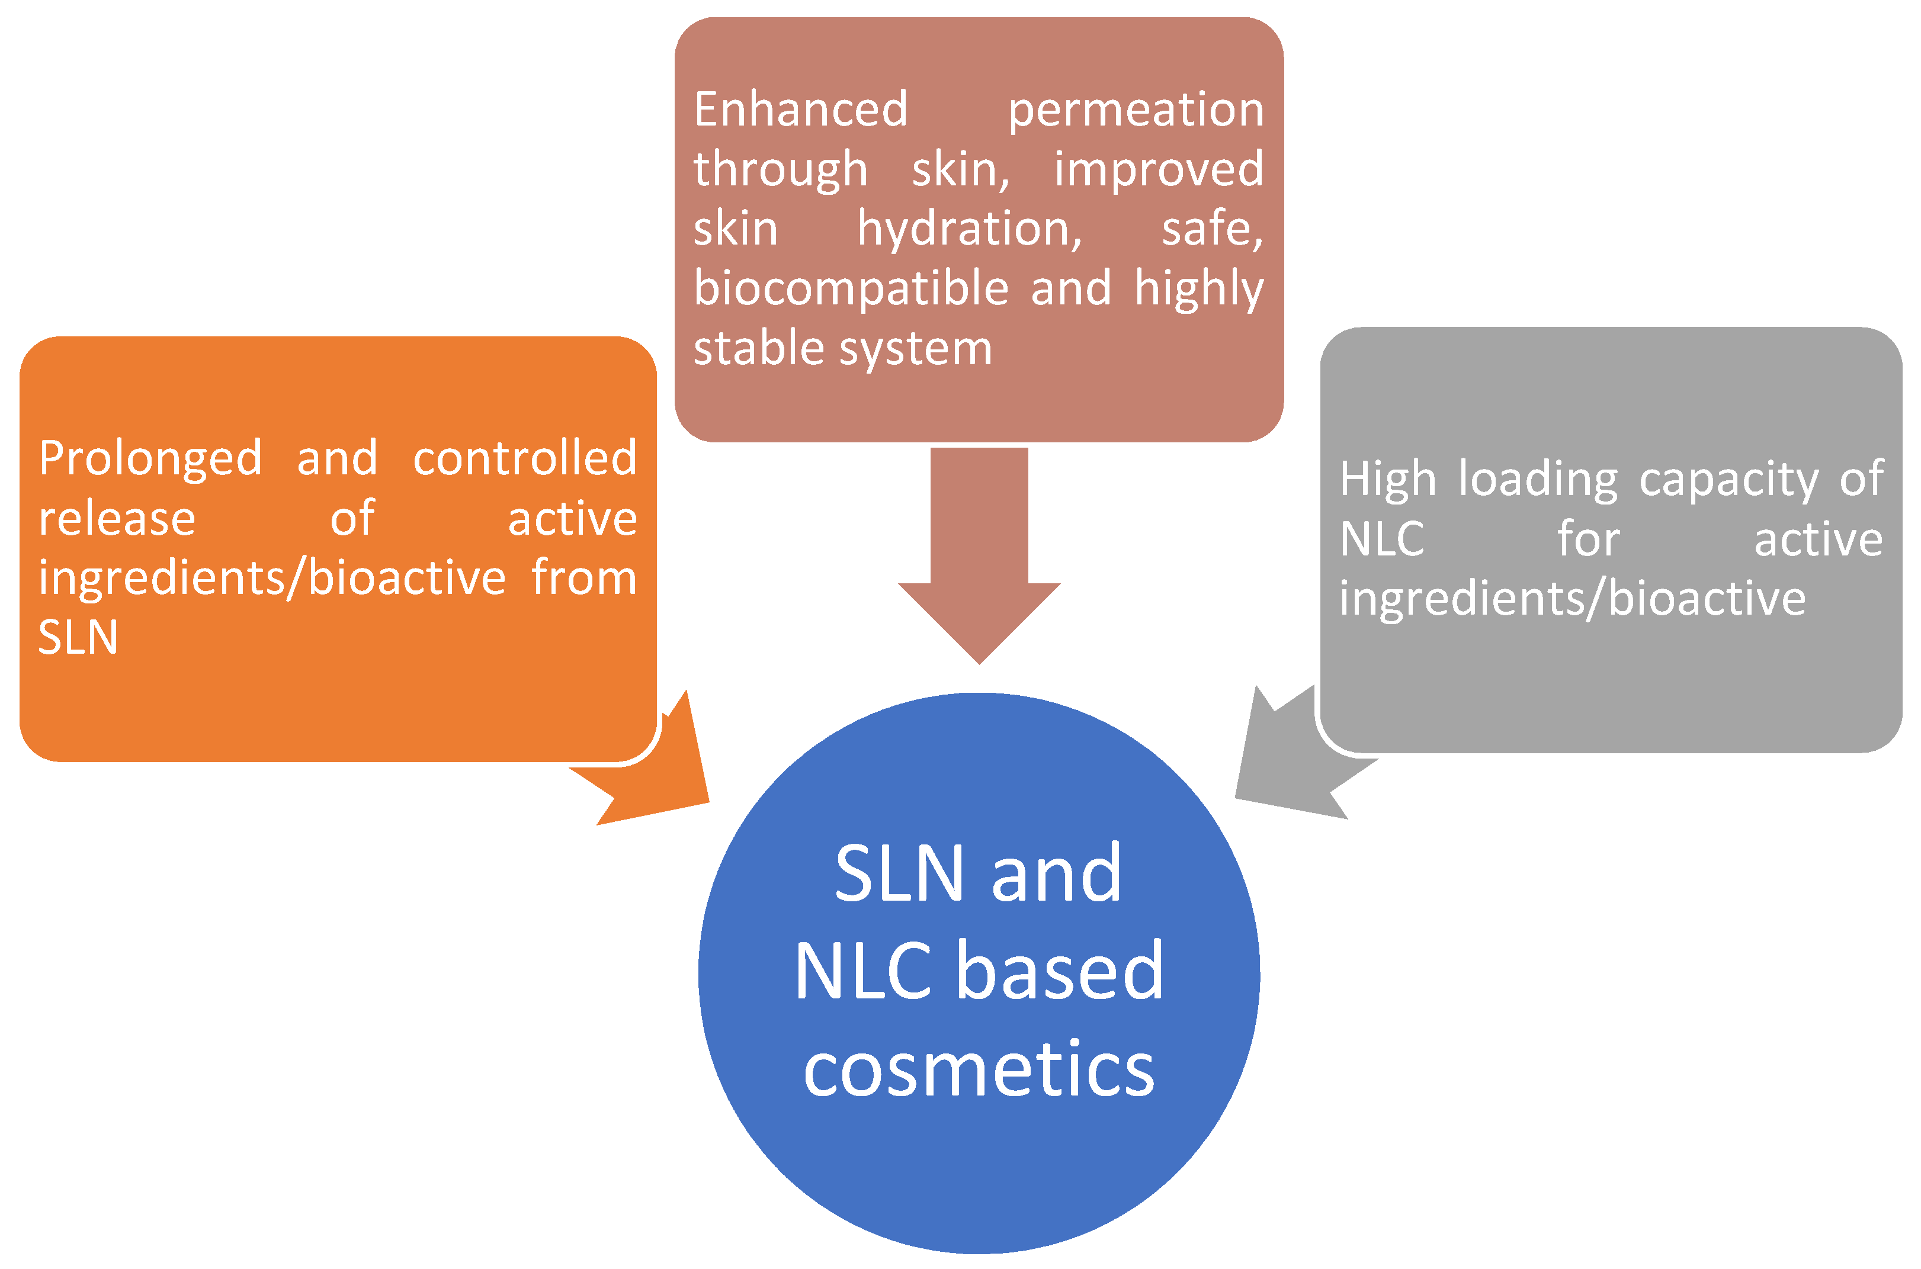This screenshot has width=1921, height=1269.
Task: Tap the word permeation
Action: point(1135,111)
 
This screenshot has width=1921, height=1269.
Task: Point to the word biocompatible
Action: point(851,289)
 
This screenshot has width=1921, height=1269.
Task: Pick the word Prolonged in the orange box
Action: point(150,460)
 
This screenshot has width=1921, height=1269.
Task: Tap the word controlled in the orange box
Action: point(525,458)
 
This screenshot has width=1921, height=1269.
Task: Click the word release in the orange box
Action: point(117,518)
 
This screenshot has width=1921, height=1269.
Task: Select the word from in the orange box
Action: point(583,578)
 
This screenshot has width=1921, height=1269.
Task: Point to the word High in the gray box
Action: point(1387,479)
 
